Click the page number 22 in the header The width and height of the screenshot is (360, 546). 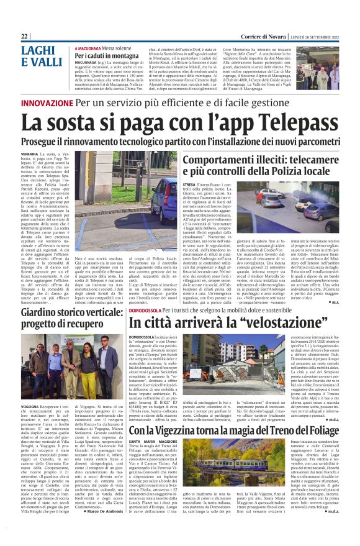(25, 37)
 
